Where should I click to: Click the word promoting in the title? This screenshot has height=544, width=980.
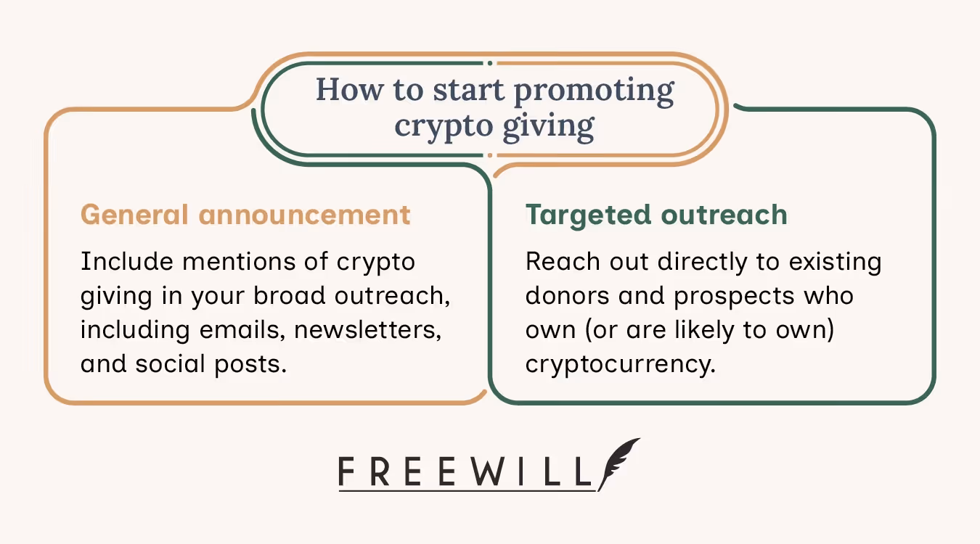click(594, 91)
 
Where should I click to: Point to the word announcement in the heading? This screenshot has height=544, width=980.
click(305, 215)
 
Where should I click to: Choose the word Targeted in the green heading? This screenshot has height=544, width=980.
click(584, 215)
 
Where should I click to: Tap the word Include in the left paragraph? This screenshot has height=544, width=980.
click(120, 261)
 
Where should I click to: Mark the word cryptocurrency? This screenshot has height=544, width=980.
click(621, 363)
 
